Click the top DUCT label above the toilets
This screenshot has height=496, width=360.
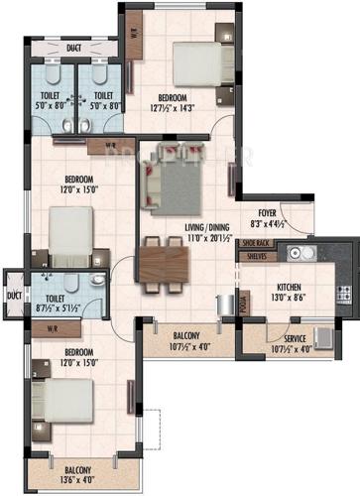point(73,47)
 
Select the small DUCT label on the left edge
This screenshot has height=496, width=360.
point(13,295)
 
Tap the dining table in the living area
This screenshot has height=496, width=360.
point(164,265)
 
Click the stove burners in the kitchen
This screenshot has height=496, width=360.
point(344,293)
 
